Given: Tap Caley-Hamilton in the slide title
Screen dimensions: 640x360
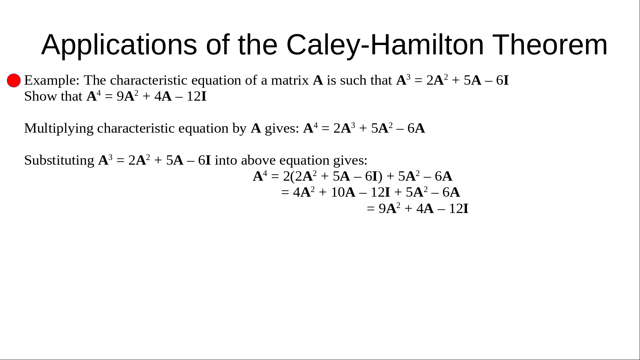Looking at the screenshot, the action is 385,45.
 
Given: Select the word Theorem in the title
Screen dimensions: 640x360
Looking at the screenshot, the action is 550,45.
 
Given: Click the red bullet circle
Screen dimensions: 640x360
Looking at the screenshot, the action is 14,81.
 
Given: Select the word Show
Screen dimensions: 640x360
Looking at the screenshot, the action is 40,96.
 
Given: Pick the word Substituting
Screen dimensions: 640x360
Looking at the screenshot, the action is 59,161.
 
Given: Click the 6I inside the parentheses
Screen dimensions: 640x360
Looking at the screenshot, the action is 371,176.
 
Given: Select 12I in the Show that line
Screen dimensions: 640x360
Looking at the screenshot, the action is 197,96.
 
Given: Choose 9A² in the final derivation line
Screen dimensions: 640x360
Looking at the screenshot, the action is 389,208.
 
